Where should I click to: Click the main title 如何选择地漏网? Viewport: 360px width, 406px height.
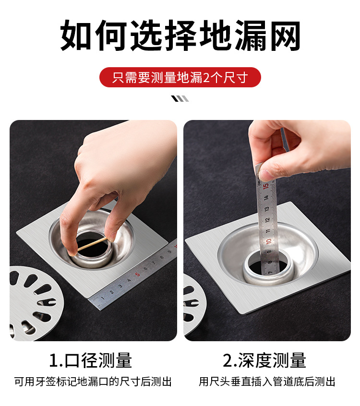(180, 36)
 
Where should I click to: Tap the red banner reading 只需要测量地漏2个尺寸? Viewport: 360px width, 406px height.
(180, 77)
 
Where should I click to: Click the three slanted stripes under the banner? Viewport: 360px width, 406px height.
(180, 99)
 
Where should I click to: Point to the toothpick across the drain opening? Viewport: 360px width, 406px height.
(93, 244)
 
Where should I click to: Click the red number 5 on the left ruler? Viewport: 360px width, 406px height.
(137, 274)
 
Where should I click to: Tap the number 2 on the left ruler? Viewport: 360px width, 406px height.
(112, 292)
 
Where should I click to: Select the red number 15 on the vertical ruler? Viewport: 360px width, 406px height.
(266, 186)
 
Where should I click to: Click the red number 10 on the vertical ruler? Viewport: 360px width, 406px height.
(269, 241)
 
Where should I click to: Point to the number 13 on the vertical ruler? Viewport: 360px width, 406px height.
(267, 208)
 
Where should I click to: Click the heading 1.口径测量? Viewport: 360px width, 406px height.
(90, 360)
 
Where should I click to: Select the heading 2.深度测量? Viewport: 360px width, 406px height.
(264, 360)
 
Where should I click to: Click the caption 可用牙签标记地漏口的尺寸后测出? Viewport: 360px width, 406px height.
(93, 382)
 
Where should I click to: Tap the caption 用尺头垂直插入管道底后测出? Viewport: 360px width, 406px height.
(267, 382)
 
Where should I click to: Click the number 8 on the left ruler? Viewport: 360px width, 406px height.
(162, 257)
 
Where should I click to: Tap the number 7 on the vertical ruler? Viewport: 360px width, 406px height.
(270, 273)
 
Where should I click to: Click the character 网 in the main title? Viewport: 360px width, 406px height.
(286, 36)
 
